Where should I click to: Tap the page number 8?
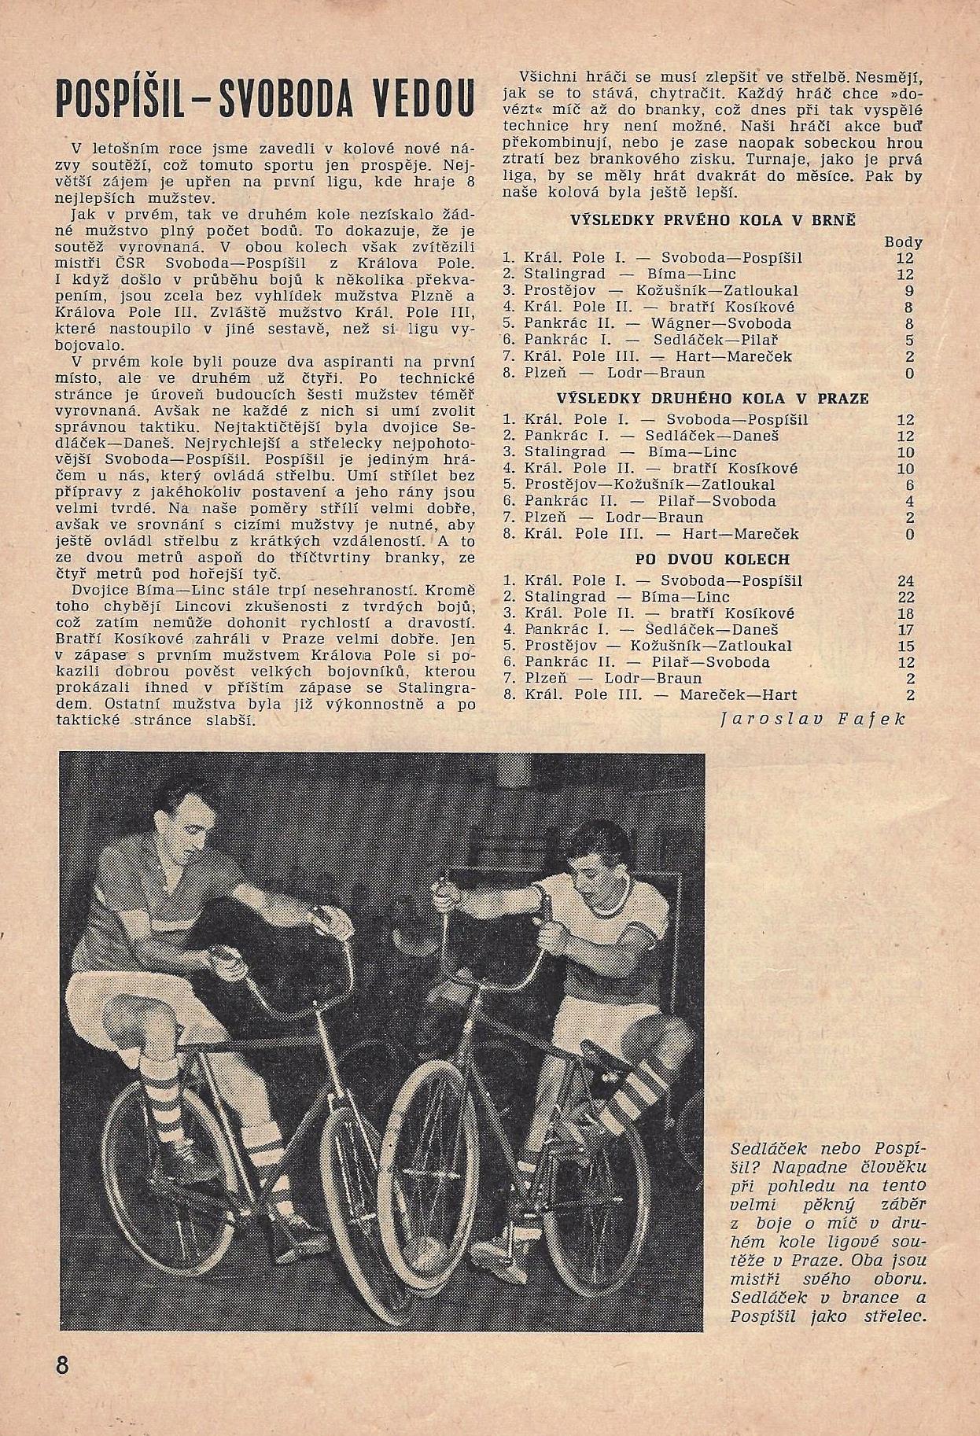pyautogui.click(x=64, y=1364)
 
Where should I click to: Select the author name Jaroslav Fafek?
pyautogui.click(x=813, y=718)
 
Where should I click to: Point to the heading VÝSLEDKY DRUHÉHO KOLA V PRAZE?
pyautogui.click(x=713, y=399)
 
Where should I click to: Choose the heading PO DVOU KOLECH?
pyautogui.click(x=713, y=560)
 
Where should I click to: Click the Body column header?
pyautogui.click(x=903, y=242)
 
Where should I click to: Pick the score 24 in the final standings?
pyautogui.click(x=907, y=581)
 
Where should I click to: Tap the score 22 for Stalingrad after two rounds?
pyautogui.click(x=907, y=598)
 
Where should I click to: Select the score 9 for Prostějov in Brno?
pyautogui.click(x=909, y=291)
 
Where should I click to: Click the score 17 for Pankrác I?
pyautogui.click(x=907, y=630)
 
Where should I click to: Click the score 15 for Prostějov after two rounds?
pyautogui.click(x=907, y=646)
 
